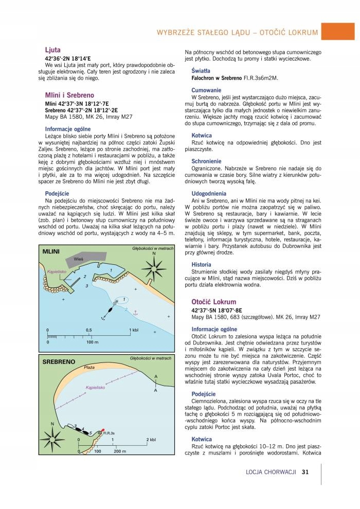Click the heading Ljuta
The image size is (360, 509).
click(53, 50)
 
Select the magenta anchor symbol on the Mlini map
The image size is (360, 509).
click(135, 312)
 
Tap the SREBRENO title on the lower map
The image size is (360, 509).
click(58, 361)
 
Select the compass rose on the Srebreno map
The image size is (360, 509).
click(53, 439)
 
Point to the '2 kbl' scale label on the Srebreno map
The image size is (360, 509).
click(151, 440)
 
